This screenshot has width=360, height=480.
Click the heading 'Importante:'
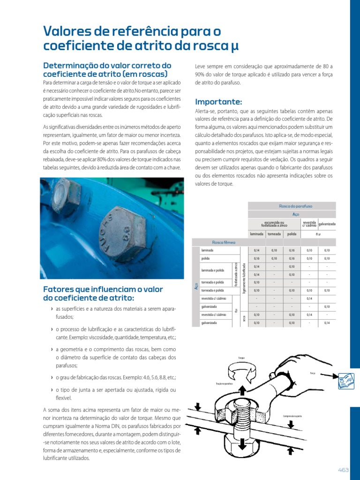pyautogui.click(x=218, y=102)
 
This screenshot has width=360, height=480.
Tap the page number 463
pyautogui.click(x=344, y=470)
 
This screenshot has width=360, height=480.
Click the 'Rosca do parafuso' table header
pyautogui.click(x=292, y=206)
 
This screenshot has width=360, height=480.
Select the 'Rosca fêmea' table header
pyautogui.click(x=224, y=242)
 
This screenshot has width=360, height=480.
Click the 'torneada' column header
pyautogui.click(x=274, y=233)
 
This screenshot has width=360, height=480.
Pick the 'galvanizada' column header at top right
pyautogui.click(x=327, y=224)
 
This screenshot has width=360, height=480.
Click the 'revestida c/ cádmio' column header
pyautogui.click(x=309, y=224)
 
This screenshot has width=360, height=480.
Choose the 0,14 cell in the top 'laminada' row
pyautogui.click(x=256, y=250)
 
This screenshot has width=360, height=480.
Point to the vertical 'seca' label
pyautogui.click(x=244, y=319)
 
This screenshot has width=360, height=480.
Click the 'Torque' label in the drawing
pyautogui.click(x=241, y=358)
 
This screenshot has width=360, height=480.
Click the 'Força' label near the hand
pyautogui.click(x=313, y=373)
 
